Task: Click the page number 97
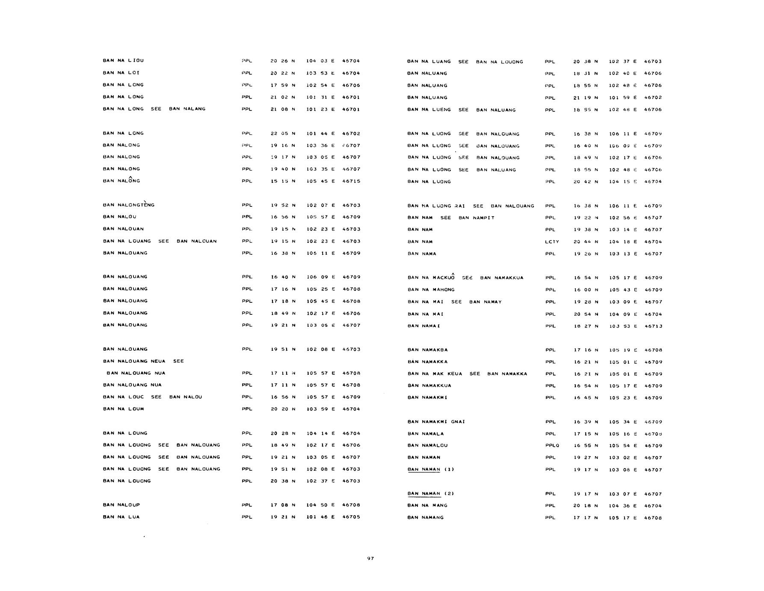click(370, 558)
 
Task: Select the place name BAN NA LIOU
click(123, 61)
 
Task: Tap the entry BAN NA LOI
click(121, 73)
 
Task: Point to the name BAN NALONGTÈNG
click(128, 205)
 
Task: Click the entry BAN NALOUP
click(121, 505)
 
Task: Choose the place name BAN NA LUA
click(121, 517)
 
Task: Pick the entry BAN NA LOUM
click(123, 409)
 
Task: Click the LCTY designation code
click(552, 242)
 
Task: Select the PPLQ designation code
click(552, 446)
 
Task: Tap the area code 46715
click(351, 181)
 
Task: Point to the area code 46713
click(653, 326)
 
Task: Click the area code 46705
click(351, 517)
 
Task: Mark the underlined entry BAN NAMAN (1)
click(431, 469)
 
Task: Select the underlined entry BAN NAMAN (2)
click(431, 494)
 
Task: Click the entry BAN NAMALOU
click(427, 445)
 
